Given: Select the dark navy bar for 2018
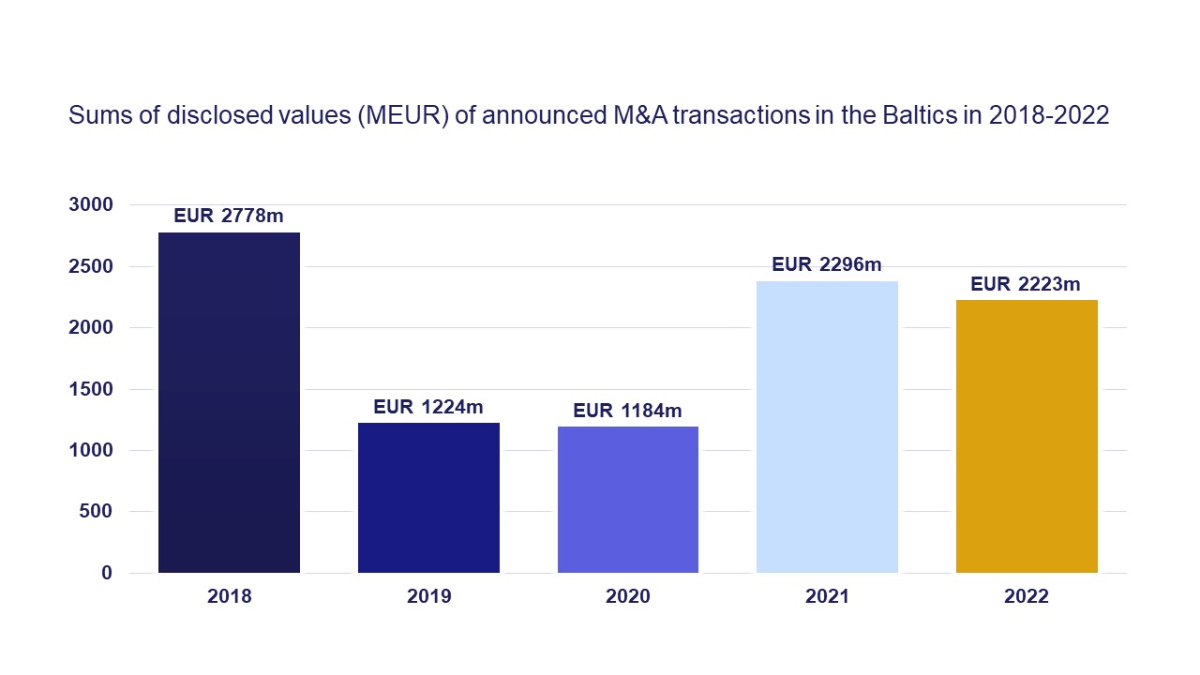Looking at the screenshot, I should pyautogui.click(x=229, y=403).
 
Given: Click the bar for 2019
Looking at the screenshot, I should pyautogui.click(x=428, y=498).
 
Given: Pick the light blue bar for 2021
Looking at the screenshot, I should pyautogui.click(x=827, y=427).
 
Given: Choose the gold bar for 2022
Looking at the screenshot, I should pyautogui.click(x=1027, y=436).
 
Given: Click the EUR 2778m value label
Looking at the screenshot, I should pyautogui.click(x=229, y=216).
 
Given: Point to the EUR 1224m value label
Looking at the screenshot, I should pyautogui.click(x=428, y=407).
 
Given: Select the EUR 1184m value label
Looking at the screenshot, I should pyautogui.click(x=628, y=411).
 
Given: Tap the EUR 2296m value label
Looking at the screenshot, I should pyautogui.click(x=827, y=264).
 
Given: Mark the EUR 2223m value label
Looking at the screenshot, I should pyautogui.click(x=1027, y=283).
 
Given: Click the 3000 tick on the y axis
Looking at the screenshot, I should pyautogui.click(x=92, y=204).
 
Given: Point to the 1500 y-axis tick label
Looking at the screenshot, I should pyautogui.click(x=92, y=389).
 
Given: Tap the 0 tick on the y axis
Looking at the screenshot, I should pyautogui.click(x=107, y=573).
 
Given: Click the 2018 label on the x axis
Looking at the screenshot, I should pyautogui.click(x=229, y=597).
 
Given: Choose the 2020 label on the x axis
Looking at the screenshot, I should pyautogui.click(x=628, y=597).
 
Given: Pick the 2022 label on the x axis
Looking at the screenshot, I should pyautogui.click(x=1027, y=597).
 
